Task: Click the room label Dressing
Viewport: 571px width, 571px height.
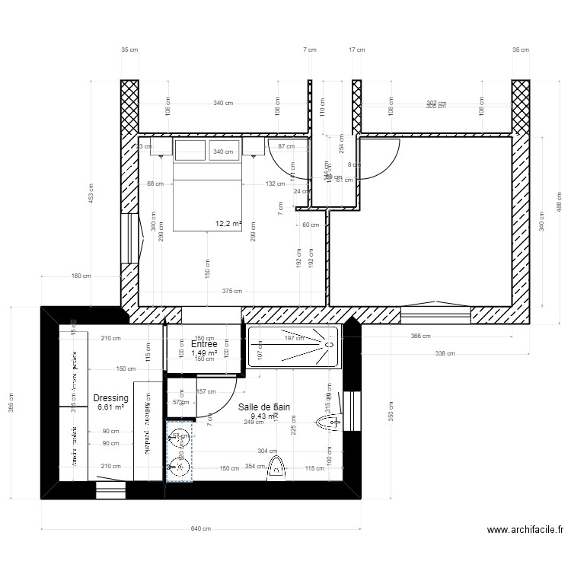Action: pos(110,397)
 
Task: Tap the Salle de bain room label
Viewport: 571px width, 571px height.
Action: pos(264,407)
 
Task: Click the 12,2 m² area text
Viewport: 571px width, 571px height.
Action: pos(228,224)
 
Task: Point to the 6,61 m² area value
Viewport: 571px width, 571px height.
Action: pos(110,408)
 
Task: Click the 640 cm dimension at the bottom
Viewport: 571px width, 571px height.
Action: pos(201,528)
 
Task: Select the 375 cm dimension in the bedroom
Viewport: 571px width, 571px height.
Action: pos(232,291)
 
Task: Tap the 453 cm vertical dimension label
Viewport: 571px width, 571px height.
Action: pos(91,196)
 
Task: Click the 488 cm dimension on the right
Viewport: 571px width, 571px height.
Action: pos(558,202)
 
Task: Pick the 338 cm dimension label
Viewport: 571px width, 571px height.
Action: pos(445,353)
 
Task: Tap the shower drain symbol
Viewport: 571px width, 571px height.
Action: pos(330,344)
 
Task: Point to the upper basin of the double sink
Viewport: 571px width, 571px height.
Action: pos(180,437)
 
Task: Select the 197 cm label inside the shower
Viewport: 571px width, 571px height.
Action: pos(294,338)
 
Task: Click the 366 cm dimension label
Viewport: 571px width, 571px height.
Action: pos(420,336)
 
